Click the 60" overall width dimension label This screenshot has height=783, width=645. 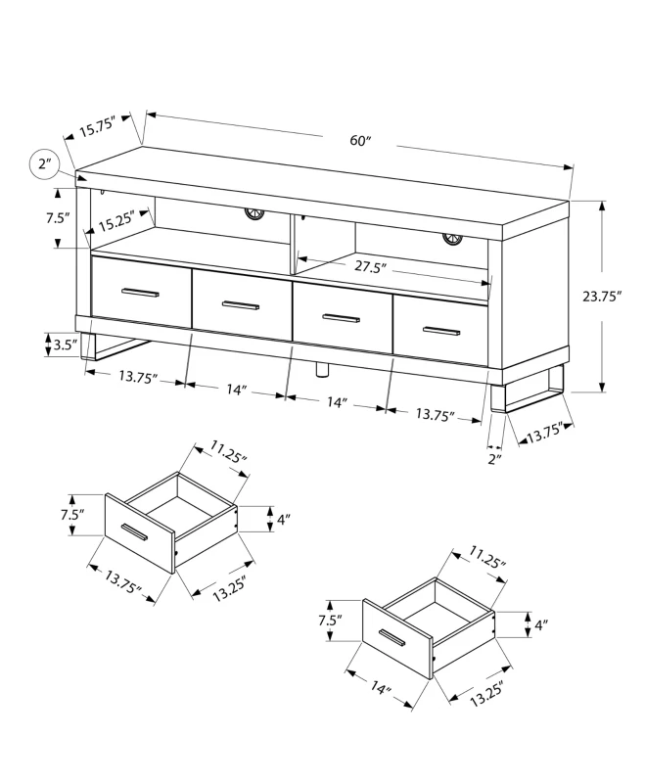pos(362,141)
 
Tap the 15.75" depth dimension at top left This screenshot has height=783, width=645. pos(98,126)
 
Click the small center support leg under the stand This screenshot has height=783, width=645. pos(319,369)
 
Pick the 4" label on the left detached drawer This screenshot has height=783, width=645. pos(284,521)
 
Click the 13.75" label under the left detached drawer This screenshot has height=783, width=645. pos(124,586)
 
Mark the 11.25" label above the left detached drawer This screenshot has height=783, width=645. pos(228,451)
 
